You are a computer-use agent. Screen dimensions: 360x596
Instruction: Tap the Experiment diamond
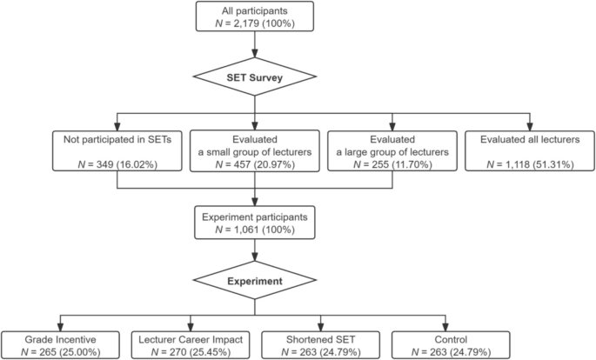[x=253, y=282]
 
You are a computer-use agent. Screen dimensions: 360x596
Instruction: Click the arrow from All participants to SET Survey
[x=253, y=49]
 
